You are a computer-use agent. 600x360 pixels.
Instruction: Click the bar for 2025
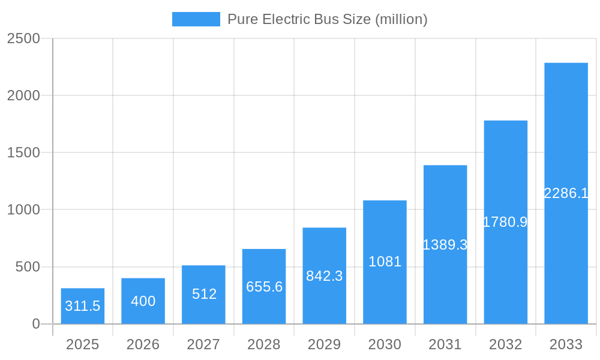(x=82, y=306)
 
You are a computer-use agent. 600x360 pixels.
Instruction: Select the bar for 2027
(x=203, y=295)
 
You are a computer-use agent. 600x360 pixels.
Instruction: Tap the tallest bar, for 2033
(x=566, y=193)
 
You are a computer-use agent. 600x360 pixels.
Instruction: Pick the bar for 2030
(x=385, y=262)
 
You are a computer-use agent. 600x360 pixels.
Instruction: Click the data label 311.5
(x=82, y=306)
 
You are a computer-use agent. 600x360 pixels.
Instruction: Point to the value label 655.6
(x=264, y=287)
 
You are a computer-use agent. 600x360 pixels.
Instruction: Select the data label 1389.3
(x=445, y=245)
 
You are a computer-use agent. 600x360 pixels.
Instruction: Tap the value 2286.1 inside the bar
(x=566, y=193)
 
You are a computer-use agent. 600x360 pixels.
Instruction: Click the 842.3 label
(x=324, y=276)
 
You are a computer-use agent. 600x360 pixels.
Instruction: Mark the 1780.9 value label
(x=505, y=222)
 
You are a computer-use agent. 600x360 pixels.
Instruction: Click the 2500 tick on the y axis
(x=23, y=38)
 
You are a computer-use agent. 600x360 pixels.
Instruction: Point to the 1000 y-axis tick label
(x=23, y=210)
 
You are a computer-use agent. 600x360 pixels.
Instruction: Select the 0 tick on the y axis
(x=35, y=324)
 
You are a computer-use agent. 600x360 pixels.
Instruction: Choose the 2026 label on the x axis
(x=143, y=344)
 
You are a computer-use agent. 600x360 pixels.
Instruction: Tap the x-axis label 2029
(x=324, y=344)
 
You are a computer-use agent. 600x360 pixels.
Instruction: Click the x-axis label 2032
(x=505, y=344)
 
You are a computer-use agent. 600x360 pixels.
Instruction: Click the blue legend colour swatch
(x=196, y=19)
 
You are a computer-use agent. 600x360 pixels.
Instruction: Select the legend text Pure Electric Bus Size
(x=327, y=19)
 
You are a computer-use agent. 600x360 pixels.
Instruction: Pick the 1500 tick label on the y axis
(x=23, y=153)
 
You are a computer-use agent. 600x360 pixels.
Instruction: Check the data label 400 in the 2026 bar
(x=143, y=301)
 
